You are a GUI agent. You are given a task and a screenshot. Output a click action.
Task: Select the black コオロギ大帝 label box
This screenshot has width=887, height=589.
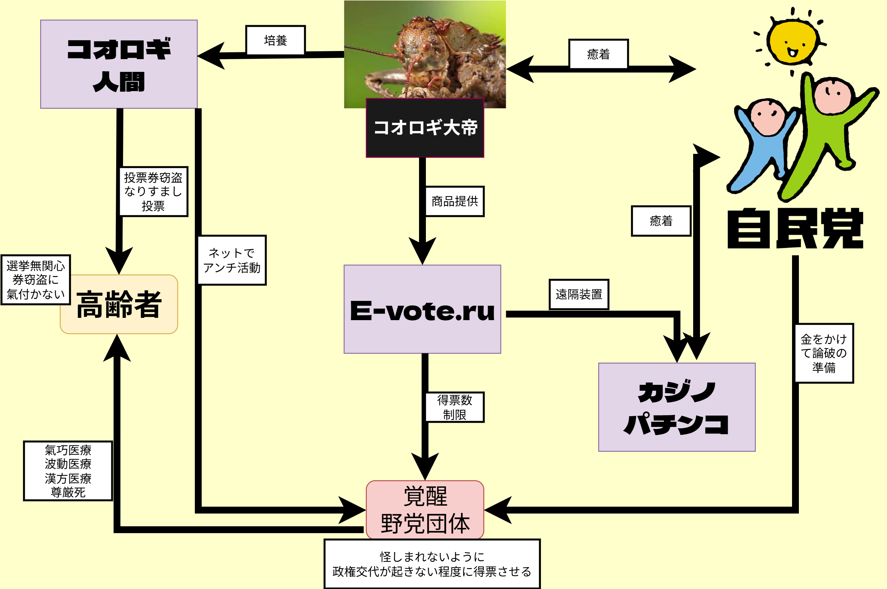[425, 128]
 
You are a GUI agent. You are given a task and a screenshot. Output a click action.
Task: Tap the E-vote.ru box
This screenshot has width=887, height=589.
[422, 309]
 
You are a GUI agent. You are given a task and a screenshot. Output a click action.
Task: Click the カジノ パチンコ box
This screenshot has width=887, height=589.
[677, 407]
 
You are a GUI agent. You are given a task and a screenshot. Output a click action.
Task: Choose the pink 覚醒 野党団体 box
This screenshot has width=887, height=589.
[425, 510]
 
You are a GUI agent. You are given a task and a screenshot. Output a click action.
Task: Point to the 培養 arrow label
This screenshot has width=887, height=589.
[275, 40]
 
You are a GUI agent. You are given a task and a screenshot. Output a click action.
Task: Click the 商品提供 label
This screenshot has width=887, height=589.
[454, 201]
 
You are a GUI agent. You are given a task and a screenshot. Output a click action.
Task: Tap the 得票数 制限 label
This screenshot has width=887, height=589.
[454, 407]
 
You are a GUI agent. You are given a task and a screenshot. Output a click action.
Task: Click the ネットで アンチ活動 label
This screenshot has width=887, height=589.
[232, 260]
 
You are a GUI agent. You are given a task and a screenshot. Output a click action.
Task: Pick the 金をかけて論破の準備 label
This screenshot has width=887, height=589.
[824, 353]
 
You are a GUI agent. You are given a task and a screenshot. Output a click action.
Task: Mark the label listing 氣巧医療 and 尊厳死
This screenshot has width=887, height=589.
[68, 471]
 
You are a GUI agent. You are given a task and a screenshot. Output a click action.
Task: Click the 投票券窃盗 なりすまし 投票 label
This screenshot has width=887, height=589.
[153, 191]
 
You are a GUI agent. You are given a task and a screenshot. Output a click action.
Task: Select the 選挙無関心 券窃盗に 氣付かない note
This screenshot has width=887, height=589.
[36, 280]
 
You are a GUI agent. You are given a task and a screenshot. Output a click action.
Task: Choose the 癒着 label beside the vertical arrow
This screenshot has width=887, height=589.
[661, 221]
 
